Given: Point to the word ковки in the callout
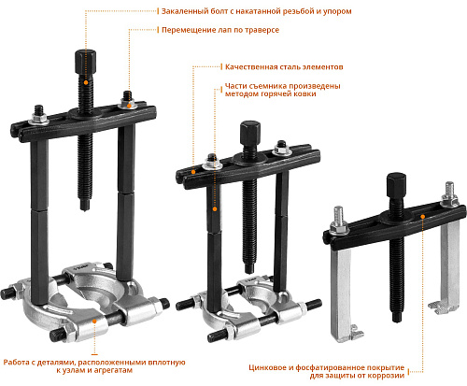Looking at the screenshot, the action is pyautogui.click(x=305, y=93).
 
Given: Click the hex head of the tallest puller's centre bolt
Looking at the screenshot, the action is pyautogui.click(x=85, y=62).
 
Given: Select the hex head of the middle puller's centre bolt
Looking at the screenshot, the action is pyautogui.click(x=250, y=133).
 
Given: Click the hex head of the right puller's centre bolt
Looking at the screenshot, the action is pyautogui.click(x=396, y=185).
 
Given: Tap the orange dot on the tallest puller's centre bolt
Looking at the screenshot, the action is pyautogui.click(x=86, y=82).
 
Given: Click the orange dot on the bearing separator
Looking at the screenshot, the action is pyautogui.click(x=94, y=321).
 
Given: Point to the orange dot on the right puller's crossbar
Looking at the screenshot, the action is pyautogui.click(x=422, y=217).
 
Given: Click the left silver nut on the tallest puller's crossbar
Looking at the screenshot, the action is pyautogui.click(x=39, y=119).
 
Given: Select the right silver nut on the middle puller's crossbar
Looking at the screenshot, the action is pyautogui.click(x=282, y=151).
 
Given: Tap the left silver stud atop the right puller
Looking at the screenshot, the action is pyautogui.click(x=338, y=215).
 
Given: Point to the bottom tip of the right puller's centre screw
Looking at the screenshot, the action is pyautogui.click(x=396, y=321).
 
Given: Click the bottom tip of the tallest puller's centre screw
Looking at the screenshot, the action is pyautogui.click(x=84, y=209).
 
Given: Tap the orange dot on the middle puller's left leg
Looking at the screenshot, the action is pyautogui.click(x=215, y=209).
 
